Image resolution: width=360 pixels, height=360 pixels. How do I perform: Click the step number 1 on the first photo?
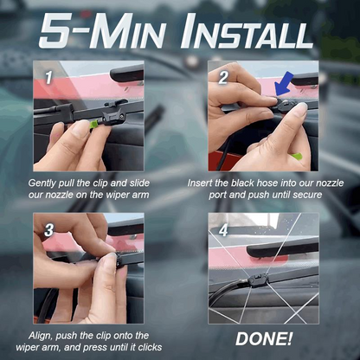pos(50,77)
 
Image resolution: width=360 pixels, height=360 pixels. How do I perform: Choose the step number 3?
pos(50,229)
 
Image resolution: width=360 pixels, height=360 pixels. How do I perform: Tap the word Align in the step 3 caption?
pos(47,335)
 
